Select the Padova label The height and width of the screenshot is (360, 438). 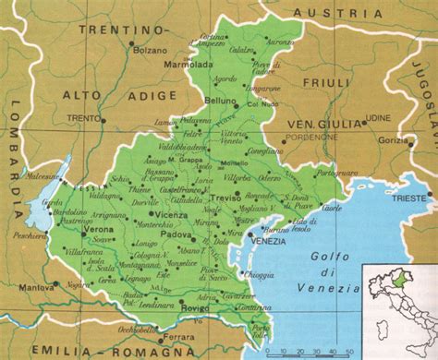click(172, 234)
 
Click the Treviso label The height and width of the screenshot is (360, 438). click(225, 197)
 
